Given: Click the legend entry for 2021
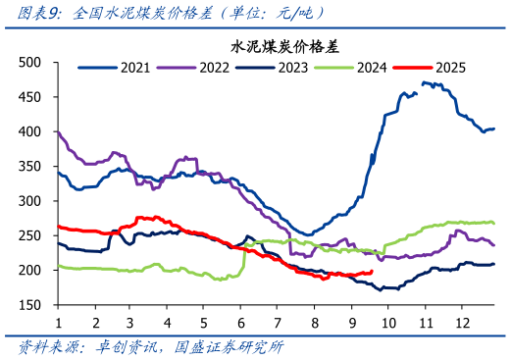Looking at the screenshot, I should click(122, 68).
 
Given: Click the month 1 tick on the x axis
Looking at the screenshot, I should click(58, 322).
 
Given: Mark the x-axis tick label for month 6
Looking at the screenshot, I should click(240, 322).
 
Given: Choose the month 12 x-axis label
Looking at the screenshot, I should click(460, 322).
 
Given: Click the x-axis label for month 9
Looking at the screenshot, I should click(350, 322).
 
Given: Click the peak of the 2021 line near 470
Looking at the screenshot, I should click(424, 82).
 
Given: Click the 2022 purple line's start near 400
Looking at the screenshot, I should click(58, 131).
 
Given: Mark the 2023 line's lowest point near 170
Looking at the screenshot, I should click(383, 289).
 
